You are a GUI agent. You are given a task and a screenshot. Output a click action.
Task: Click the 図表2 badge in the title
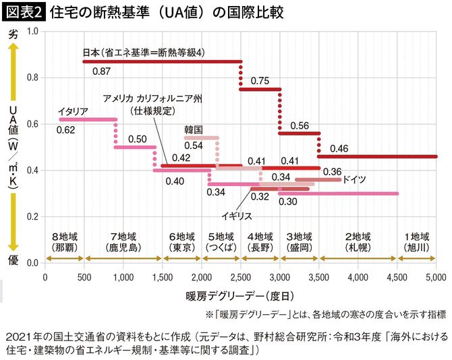tap(24, 11)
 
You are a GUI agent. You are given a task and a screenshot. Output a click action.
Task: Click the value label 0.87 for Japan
tap(102, 71)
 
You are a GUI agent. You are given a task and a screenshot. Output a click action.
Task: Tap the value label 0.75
tap(260, 81)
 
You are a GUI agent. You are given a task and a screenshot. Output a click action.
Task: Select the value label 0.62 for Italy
tap(65, 129)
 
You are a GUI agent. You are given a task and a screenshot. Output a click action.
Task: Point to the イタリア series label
tap(74, 111)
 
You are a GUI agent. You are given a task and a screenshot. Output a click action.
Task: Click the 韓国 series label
tap(194, 128)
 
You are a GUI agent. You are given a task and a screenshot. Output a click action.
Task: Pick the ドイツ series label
tap(354, 180)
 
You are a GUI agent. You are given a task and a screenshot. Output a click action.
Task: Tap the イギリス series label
tap(237, 215)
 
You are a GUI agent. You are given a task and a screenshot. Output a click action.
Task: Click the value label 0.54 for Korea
tap(194, 146)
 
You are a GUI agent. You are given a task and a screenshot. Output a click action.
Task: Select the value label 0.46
tap(339, 148)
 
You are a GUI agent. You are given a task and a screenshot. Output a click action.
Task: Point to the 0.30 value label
tap(288, 202)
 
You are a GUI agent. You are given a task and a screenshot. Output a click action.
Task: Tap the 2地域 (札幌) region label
tap(358, 242)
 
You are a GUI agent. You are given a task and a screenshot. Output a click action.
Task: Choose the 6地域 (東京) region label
tap(181, 242)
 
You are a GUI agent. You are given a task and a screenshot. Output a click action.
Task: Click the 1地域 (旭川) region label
tap(416, 242)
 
